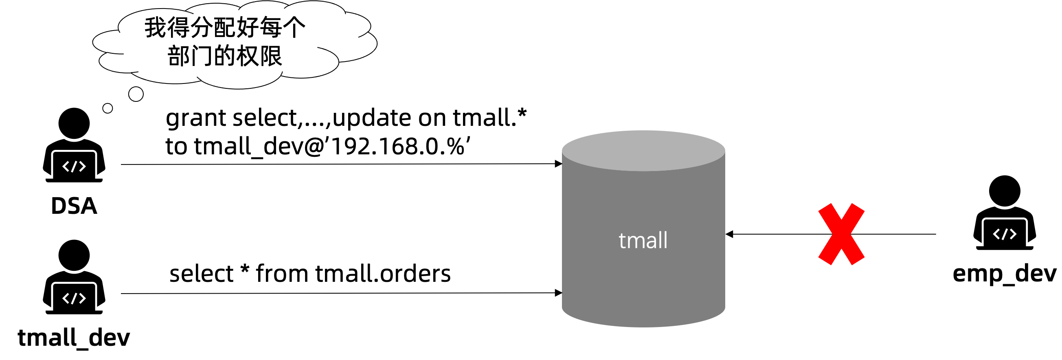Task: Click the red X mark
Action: (x=841, y=234)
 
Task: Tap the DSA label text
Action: (x=74, y=206)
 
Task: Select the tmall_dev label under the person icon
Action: (x=74, y=338)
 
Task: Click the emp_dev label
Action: (x=1004, y=273)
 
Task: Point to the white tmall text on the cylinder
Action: (x=643, y=240)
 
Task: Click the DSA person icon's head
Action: (x=74, y=123)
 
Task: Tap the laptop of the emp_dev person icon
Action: (x=1004, y=234)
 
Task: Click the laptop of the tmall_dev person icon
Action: (x=74, y=298)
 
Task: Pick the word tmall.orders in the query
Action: (x=383, y=273)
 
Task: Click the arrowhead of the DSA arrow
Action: (x=559, y=164)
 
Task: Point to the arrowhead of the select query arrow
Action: (x=559, y=293)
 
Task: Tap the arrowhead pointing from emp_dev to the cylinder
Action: (x=729, y=234)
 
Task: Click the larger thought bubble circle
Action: (x=136, y=94)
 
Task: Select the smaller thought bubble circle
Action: (x=108, y=108)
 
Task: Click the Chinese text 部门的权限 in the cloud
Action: (x=225, y=56)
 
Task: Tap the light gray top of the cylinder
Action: (x=643, y=150)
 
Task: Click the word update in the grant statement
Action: (x=374, y=119)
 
